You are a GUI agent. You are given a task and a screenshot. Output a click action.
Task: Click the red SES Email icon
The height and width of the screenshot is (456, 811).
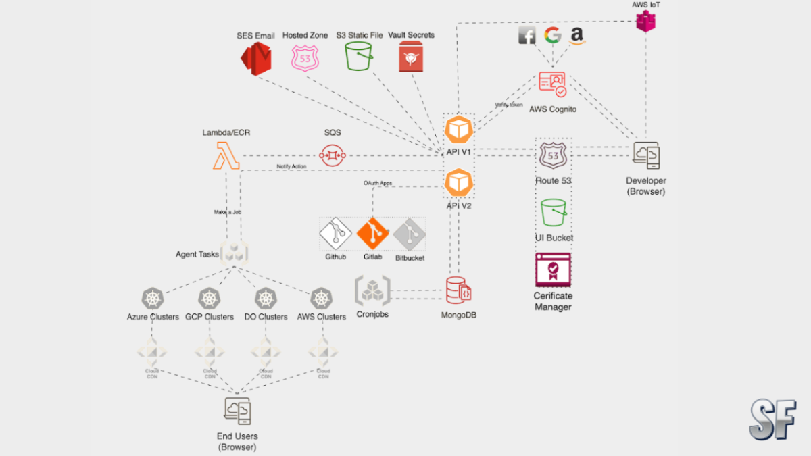pyautogui.click(x=256, y=57)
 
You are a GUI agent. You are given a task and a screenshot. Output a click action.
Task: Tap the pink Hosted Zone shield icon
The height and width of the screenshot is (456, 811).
pyautogui.click(x=305, y=58)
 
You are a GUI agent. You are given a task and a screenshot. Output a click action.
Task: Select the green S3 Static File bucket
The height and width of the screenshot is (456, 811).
pyautogui.click(x=359, y=56)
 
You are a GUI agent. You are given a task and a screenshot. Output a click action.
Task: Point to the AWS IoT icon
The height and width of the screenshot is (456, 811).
pyautogui.click(x=645, y=22)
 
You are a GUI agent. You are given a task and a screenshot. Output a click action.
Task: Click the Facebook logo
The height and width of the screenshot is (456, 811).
pyautogui.click(x=527, y=36)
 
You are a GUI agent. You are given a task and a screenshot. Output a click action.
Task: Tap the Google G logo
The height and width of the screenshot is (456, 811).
pyautogui.click(x=553, y=36)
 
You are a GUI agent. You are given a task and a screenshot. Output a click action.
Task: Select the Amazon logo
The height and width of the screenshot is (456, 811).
pyautogui.click(x=577, y=36)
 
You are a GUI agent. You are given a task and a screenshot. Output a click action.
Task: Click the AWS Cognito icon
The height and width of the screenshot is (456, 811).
pyautogui.click(x=552, y=85)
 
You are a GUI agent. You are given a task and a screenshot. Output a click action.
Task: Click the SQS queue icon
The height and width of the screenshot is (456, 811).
pyautogui.click(x=332, y=155)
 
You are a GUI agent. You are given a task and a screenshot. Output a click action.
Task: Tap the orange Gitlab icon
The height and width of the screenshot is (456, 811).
pyautogui.click(x=374, y=234)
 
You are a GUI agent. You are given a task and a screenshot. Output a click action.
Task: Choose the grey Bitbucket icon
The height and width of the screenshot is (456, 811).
pyautogui.click(x=410, y=234)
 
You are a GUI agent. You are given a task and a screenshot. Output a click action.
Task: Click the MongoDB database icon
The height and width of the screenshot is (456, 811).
pyautogui.click(x=458, y=291)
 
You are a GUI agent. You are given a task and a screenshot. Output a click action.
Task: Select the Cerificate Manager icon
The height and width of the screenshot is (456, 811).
pyautogui.click(x=553, y=270)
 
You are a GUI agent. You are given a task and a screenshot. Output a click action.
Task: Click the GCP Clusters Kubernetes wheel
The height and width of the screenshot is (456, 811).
pyautogui.click(x=210, y=298)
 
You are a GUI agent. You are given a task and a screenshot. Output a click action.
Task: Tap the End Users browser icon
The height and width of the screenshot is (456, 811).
pyautogui.click(x=237, y=411)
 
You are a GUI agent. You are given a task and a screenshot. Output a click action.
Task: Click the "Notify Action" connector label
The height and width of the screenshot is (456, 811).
pyautogui.click(x=292, y=166)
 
